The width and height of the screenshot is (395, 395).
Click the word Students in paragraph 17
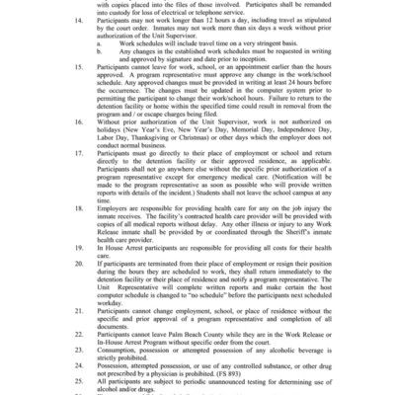[x=230, y=245]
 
